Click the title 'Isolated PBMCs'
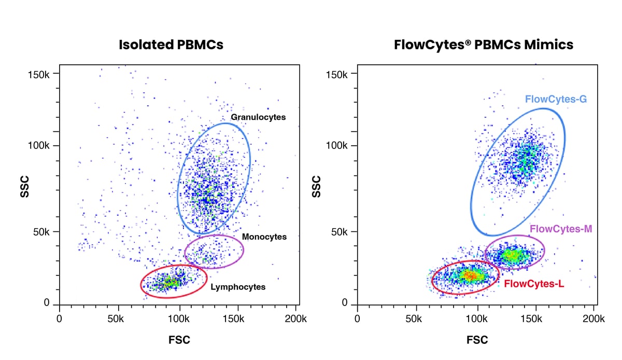click(171, 45)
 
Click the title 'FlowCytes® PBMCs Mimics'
click(483, 45)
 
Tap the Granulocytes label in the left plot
click(258, 117)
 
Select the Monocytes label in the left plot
click(264, 237)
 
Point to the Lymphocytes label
click(238, 287)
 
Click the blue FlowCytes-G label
click(556, 99)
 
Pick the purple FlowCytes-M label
click(561, 228)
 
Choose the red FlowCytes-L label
click(534, 284)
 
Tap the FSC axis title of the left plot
click(179, 340)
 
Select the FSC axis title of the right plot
click(477, 340)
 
